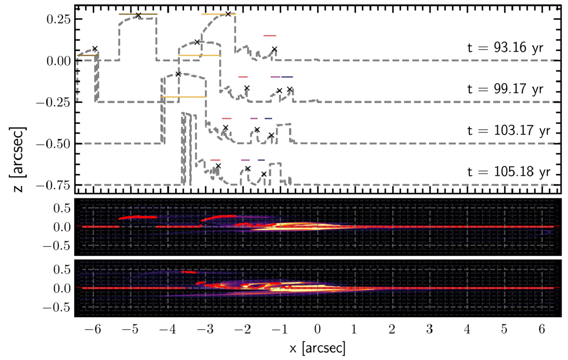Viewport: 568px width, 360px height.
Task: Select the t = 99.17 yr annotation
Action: (x=506, y=89)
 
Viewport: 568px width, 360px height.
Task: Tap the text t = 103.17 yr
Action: (x=509, y=130)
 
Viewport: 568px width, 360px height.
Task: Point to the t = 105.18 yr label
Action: (x=509, y=171)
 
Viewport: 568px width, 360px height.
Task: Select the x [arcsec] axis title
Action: (x=317, y=348)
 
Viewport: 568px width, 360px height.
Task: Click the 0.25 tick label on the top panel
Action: (x=58, y=19)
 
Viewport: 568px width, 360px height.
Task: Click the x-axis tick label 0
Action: (x=317, y=330)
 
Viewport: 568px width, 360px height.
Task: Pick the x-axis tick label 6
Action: (x=541, y=330)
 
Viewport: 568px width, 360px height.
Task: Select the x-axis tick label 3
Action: (x=430, y=330)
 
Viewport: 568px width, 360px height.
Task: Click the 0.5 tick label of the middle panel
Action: (x=62, y=208)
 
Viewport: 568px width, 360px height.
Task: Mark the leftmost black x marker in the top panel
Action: (x=95, y=49)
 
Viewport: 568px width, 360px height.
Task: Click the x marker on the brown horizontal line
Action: (x=138, y=15)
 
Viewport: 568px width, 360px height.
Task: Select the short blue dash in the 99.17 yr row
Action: (x=287, y=77)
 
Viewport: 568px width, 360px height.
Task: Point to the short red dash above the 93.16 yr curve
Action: (x=270, y=35)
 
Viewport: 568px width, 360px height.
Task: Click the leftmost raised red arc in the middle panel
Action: (x=137, y=217)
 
